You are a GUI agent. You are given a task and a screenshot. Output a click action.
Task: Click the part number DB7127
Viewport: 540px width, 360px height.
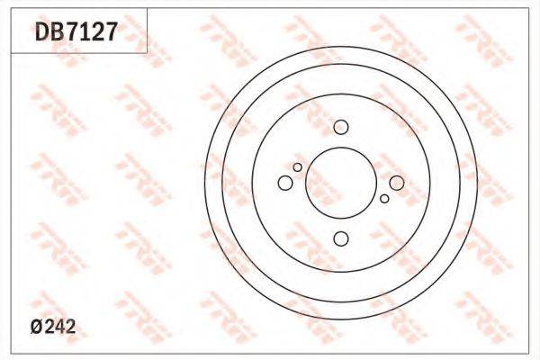[x=76, y=31]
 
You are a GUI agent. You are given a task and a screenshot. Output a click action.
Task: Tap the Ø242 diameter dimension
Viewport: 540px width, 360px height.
[x=53, y=327]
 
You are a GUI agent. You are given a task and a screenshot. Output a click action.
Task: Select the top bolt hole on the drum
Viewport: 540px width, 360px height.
[x=341, y=127]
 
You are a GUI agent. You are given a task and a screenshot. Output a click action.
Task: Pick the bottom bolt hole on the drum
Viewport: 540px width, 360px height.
[x=341, y=238]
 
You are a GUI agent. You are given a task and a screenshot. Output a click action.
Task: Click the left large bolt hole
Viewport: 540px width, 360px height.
[x=285, y=183]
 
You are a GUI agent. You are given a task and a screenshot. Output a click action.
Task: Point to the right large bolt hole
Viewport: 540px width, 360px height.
[x=397, y=183]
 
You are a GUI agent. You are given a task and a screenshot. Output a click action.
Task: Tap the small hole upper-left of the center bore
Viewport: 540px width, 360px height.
[x=298, y=167]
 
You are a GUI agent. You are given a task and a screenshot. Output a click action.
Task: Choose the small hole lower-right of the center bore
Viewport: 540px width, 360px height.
[x=384, y=198]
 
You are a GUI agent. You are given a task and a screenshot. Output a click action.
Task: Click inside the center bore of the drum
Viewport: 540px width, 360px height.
[x=341, y=183]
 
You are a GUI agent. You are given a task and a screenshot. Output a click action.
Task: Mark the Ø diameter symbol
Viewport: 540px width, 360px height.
[x=37, y=327]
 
